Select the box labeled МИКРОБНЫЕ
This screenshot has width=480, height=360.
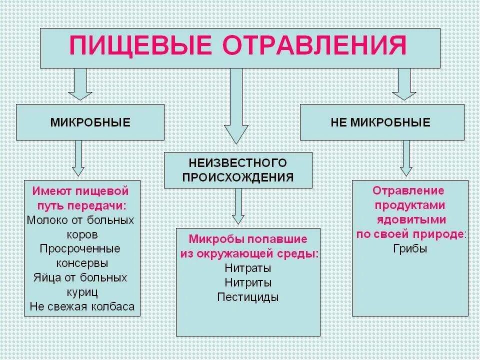(90, 122)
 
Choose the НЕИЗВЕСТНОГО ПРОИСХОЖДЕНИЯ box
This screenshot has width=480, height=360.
(237, 170)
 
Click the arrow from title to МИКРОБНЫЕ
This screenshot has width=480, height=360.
(80, 84)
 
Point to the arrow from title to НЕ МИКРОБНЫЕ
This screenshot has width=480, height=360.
(403, 84)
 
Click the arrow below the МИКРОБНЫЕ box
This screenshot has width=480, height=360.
(78, 157)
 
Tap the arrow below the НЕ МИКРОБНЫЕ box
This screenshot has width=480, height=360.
(406, 157)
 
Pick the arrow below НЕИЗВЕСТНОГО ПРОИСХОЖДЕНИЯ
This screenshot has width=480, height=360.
(238, 206)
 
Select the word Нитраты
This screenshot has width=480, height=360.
(248, 268)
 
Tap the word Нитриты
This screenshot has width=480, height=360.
(248, 282)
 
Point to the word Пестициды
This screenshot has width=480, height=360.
(248, 297)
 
